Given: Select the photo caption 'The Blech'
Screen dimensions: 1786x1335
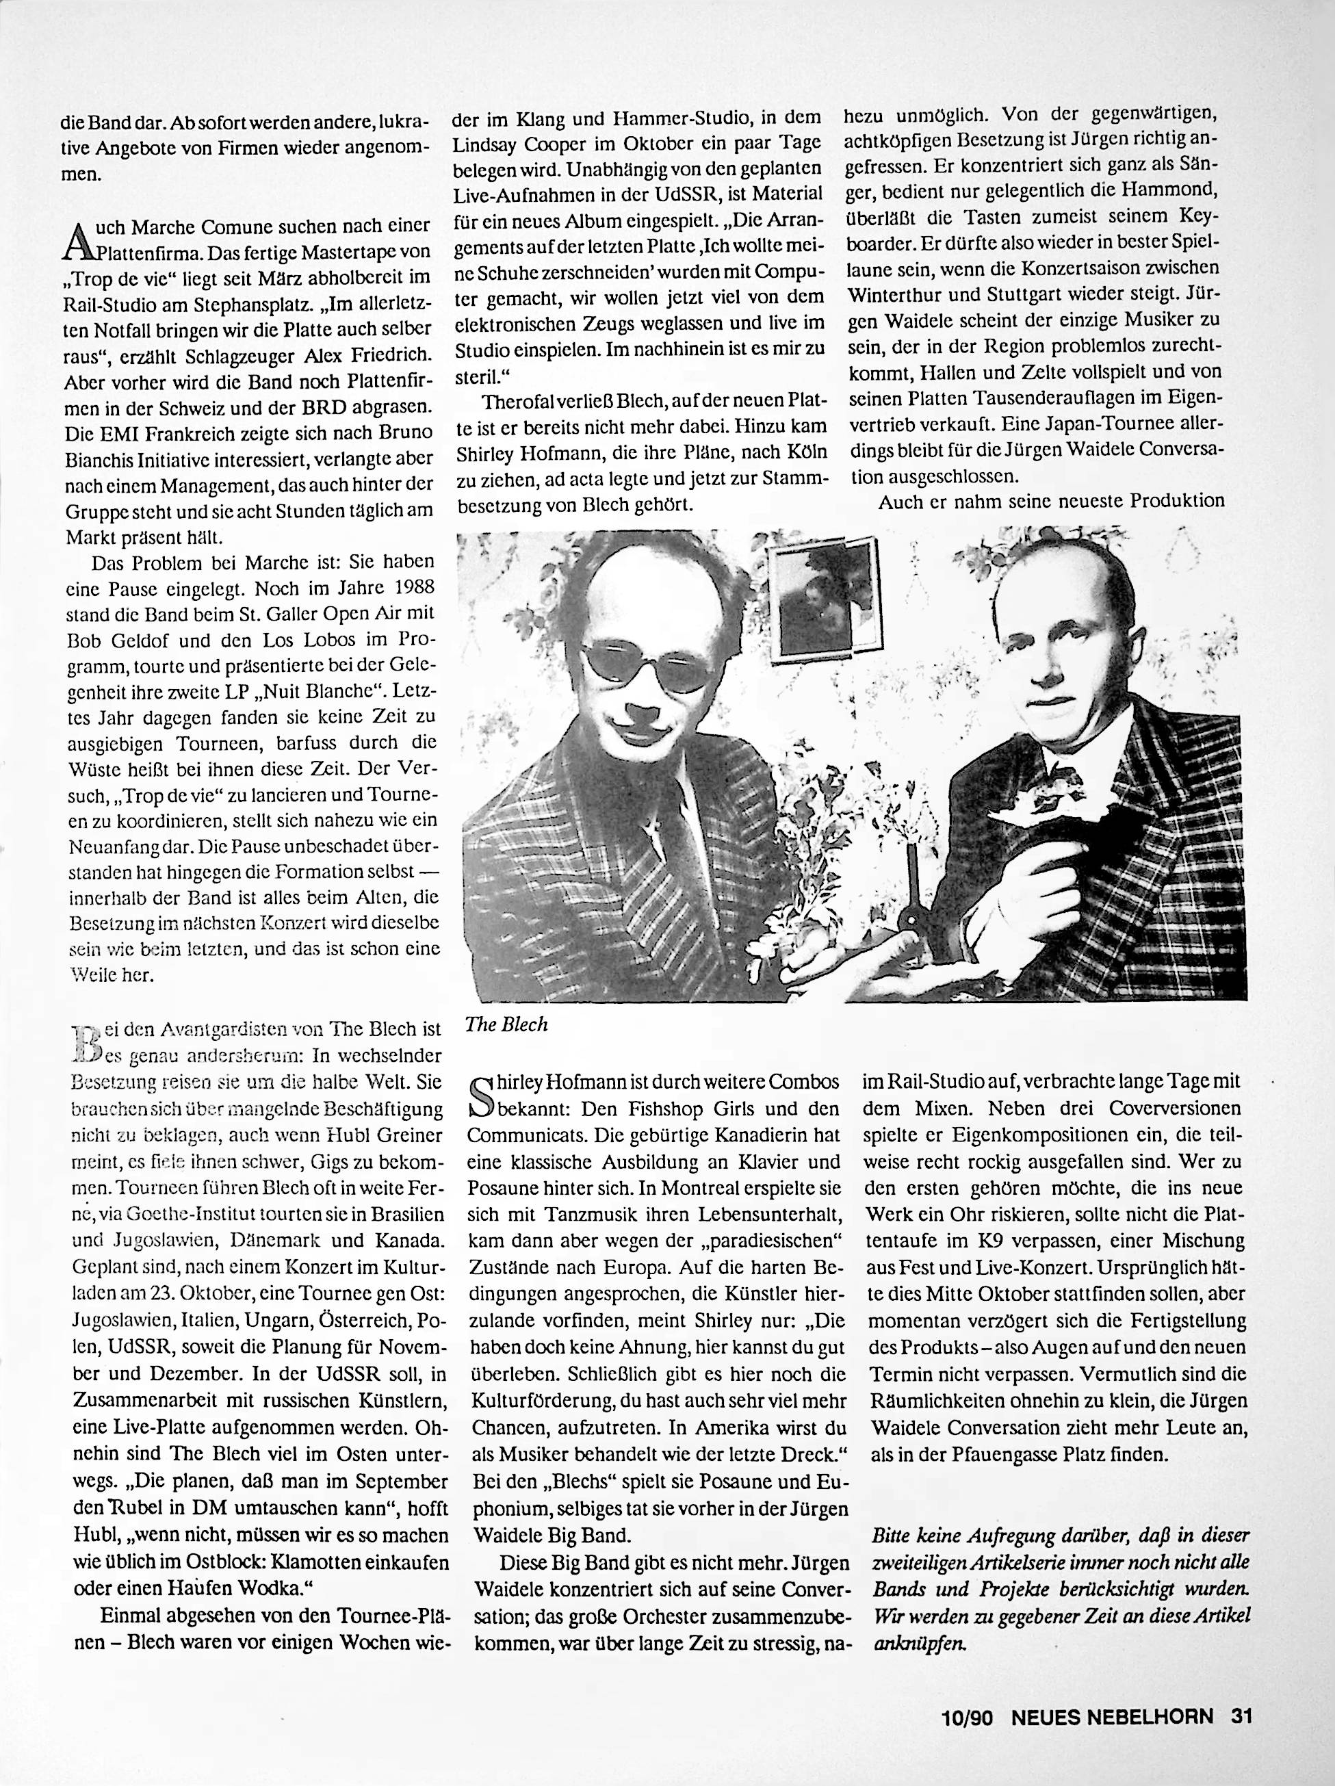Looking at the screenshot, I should (x=506, y=1024).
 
